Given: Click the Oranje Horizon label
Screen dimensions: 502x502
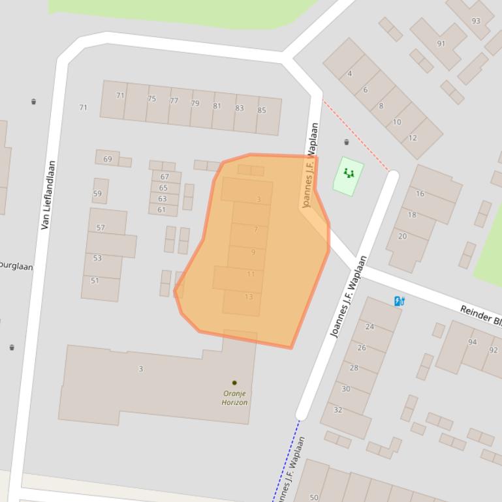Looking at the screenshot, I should [x=234, y=398].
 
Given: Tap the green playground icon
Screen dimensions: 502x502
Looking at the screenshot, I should [x=349, y=173].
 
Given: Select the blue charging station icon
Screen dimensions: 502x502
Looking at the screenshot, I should [x=400, y=301].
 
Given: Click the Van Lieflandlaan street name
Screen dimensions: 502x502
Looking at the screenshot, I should [x=48, y=195].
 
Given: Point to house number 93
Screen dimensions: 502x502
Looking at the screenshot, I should [x=476, y=21].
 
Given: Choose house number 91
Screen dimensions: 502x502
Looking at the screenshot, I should [x=441, y=44].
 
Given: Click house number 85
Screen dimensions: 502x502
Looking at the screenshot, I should [x=262, y=110].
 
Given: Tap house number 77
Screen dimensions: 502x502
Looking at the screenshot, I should [x=174, y=101].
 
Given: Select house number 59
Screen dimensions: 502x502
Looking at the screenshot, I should [x=97, y=193].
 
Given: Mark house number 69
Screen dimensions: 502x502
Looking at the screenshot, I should [x=108, y=158].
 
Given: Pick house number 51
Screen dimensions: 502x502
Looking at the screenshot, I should [x=95, y=281].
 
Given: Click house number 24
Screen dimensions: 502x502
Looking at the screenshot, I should [x=369, y=327].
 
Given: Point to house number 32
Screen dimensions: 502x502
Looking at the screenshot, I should [x=337, y=410].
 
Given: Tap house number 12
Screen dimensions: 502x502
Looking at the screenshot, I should [x=413, y=138].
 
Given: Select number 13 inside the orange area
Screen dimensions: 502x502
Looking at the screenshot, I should [x=249, y=297].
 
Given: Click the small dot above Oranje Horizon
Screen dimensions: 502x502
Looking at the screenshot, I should [x=234, y=383].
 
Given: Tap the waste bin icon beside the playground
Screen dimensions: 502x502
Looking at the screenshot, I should [x=347, y=142].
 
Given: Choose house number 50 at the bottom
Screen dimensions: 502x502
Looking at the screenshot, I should [x=314, y=497].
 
